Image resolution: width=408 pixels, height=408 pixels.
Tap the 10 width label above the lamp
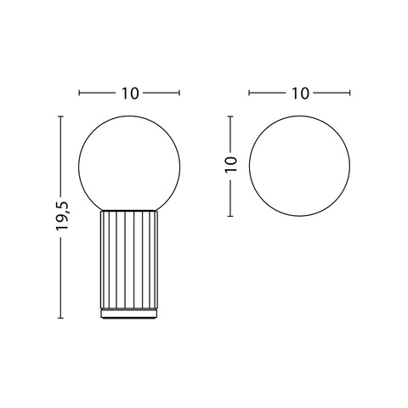pos(130,93)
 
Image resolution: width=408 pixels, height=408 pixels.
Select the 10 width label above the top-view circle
pos(300,93)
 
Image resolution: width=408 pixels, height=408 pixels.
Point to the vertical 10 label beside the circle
pos(230,164)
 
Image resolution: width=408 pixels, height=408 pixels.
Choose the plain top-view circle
pos(249,167)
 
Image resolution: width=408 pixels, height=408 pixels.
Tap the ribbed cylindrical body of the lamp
pos(129,259)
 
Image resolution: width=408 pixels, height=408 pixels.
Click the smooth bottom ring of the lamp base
pos(129,314)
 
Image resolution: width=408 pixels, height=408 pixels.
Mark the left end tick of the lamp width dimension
pos(79,93)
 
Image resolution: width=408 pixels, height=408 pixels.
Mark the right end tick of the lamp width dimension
pos(179,93)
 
